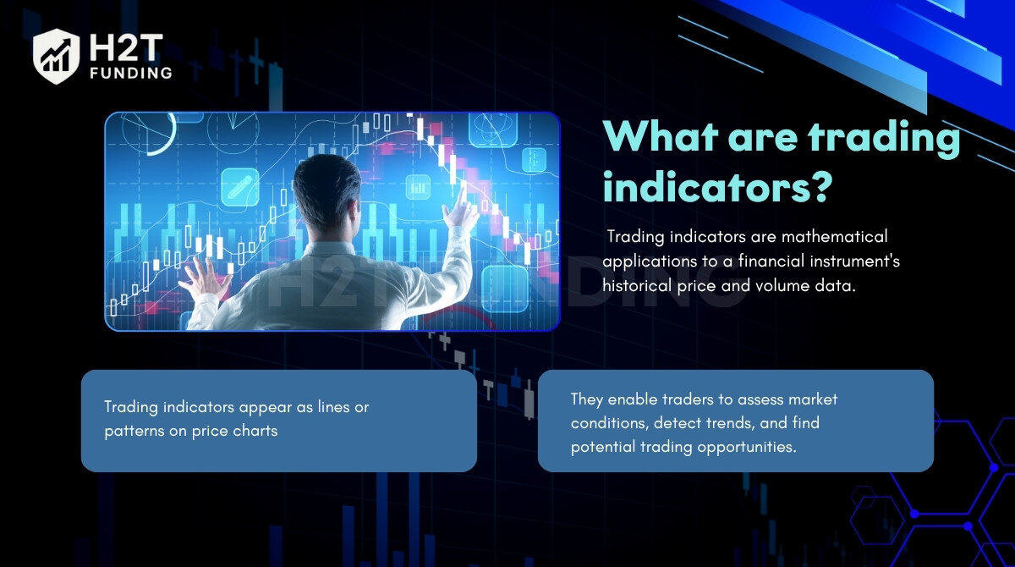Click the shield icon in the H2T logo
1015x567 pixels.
(56, 56)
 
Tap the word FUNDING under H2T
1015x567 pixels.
(131, 73)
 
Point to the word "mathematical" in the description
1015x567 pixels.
(835, 236)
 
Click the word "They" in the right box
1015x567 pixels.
(587, 399)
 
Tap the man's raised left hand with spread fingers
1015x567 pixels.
(205, 278)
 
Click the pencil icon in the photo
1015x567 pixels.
(240, 187)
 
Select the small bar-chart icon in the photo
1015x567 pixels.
(418, 187)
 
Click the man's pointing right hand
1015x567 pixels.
(461, 211)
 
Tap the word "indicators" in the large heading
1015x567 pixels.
(705, 186)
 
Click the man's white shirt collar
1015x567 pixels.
(330, 250)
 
